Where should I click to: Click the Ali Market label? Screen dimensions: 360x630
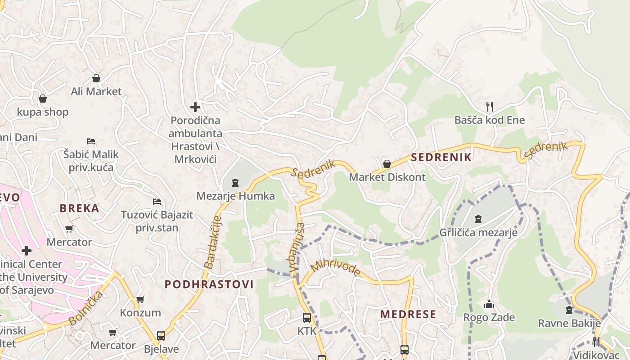click(96, 91)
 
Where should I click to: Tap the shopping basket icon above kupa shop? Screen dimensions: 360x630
click(43, 98)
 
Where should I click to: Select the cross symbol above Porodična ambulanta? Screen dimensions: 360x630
click(195, 107)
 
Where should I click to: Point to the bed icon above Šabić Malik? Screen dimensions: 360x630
click(91, 141)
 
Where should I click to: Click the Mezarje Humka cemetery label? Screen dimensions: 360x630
click(235, 196)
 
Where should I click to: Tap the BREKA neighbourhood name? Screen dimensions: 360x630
click(80, 208)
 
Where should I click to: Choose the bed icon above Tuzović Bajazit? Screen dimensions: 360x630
click(157, 202)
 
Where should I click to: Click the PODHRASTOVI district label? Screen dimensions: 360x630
click(209, 284)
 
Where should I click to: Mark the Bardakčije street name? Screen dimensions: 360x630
click(213, 243)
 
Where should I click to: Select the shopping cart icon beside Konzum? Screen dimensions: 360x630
click(140, 299)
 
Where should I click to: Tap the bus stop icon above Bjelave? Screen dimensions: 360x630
click(161, 336)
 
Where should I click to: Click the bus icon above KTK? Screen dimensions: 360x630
click(307, 318)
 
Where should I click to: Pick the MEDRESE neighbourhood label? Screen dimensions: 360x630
click(408, 314)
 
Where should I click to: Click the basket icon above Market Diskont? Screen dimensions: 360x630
click(387, 163)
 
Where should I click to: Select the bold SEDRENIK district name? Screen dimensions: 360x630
click(441, 157)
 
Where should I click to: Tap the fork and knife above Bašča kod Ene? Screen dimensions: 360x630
click(490, 107)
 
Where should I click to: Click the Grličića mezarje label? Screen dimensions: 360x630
click(478, 233)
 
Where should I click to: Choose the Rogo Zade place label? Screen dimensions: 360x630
click(489, 317)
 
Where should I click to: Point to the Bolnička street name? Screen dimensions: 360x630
click(85, 309)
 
